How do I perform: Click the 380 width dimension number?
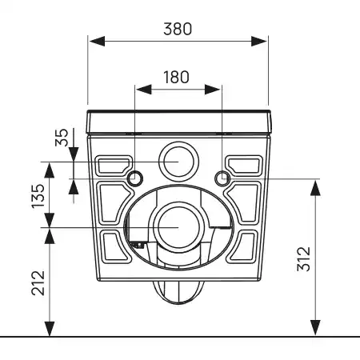[177, 29]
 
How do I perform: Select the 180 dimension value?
[177, 77]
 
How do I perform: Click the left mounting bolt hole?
[135, 176]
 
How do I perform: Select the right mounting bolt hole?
[222, 176]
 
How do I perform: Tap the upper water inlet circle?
[178, 160]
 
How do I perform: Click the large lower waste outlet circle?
[178, 226]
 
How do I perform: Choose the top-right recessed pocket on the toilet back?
[244, 165]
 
